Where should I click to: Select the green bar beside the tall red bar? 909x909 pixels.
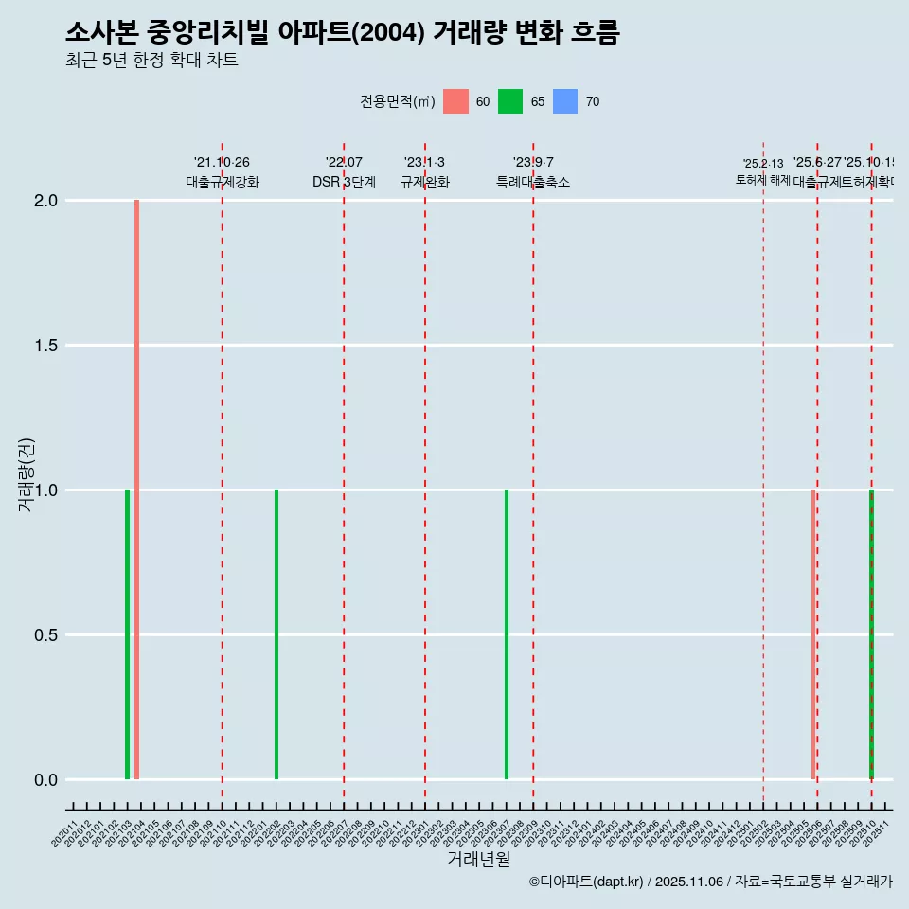[x=127, y=634]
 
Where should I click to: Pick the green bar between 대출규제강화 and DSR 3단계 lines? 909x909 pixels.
[x=276, y=634]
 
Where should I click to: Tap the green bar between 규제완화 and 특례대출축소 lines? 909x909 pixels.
[x=507, y=634]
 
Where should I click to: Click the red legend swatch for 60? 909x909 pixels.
[x=455, y=101]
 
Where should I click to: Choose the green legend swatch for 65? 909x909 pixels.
[x=510, y=101]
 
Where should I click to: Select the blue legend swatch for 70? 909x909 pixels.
[x=565, y=101]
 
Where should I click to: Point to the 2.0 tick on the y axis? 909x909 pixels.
[x=46, y=201]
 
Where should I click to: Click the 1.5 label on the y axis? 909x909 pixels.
[x=46, y=346]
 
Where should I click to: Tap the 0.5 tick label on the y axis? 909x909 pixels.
[x=46, y=635]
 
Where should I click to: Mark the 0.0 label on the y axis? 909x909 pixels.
[x=46, y=780]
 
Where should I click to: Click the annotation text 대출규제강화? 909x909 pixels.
[x=222, y=182]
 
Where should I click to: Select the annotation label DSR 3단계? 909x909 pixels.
[x=344, y=182]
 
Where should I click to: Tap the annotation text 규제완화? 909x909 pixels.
[x=424, y=182]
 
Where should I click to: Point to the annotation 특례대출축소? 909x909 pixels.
[x=533, y=182]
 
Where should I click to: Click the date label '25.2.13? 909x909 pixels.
[x=762, y=164]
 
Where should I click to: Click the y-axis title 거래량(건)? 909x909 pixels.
[x=26, y=475]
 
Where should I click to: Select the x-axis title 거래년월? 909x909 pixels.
[x=478, y=859]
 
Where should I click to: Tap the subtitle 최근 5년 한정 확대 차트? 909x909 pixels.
[x=151, y=61]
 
